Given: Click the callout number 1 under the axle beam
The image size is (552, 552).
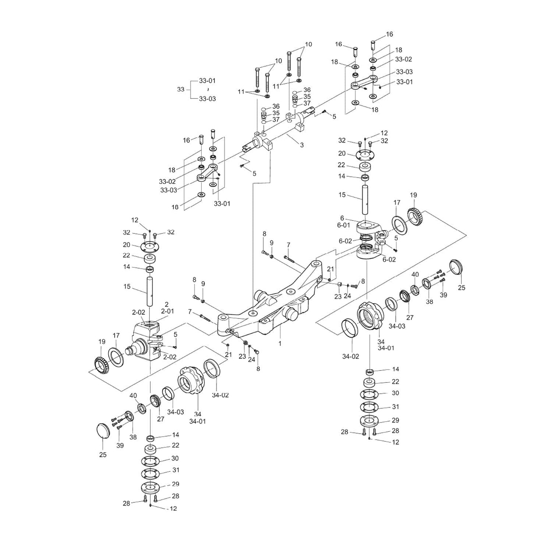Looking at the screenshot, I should coord(280,343).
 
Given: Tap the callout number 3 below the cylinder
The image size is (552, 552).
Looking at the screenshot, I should coord(302,145).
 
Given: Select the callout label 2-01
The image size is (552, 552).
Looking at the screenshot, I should coord(167,311).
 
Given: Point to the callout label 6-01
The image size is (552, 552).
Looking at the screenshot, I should coord(343,225).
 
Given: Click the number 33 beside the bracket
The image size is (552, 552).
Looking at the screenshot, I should coord(181,89).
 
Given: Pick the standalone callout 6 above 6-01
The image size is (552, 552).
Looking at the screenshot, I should coord(342,218).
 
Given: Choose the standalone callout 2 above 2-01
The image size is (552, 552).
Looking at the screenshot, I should coord(167,304).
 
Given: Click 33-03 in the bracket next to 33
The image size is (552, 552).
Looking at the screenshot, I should coord(207,99).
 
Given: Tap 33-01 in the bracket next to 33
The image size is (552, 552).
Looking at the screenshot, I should coord(207,81).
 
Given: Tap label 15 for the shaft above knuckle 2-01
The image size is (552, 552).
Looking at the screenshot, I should coord(127,287).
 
